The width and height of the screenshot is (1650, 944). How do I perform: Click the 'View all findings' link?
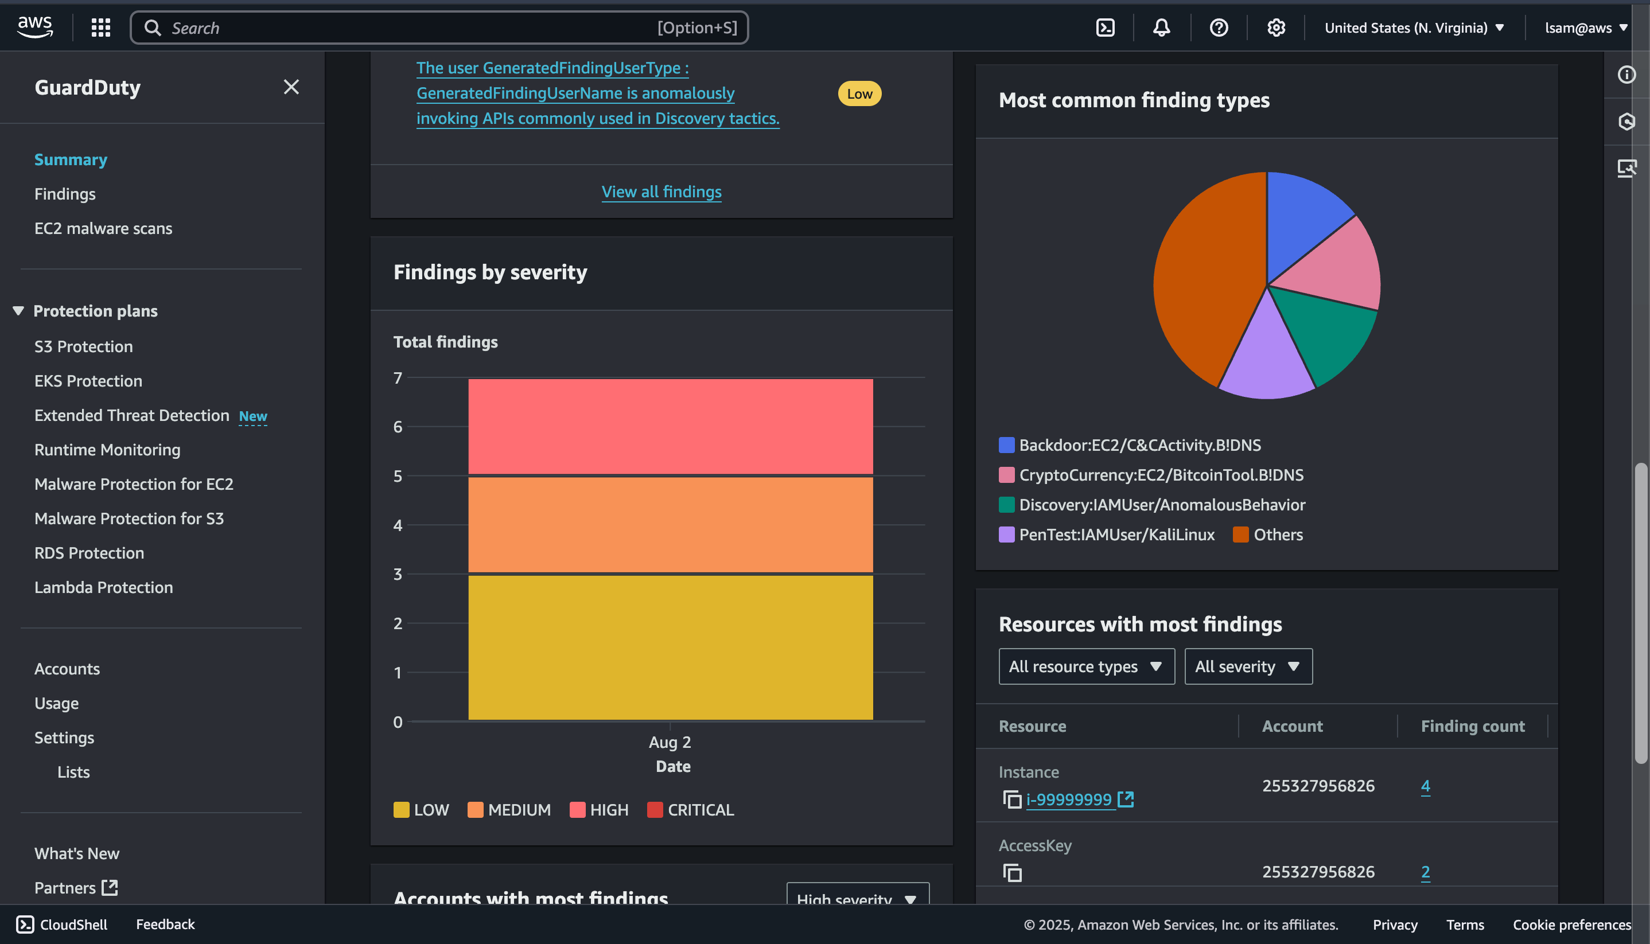click(x=661, y=192)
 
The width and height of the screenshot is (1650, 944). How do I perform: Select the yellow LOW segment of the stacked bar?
click(x=670, y=647)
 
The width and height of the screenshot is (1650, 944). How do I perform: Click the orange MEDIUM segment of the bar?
click(x=670, y=525)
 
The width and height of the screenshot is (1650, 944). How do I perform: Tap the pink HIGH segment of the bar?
click(x=670, y=427)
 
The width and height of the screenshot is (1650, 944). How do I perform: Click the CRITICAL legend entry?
click(x=691, y=810)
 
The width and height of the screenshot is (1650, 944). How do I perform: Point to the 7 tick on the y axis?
click(x=398, y=378)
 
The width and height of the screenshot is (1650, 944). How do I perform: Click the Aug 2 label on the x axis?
click(x=670, y=742)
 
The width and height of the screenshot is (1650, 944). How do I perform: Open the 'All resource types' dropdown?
click(x=1085, y=666)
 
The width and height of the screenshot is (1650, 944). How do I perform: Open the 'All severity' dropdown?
click(x=1248, y=666)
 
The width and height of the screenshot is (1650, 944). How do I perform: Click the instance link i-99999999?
click(x=1068, y=799)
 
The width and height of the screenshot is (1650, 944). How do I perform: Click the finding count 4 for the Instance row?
click(x=1425, y=786)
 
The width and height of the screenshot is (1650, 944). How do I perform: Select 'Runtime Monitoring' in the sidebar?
click(x=107, y=450)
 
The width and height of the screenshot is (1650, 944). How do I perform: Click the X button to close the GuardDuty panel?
click(x=291, y=87)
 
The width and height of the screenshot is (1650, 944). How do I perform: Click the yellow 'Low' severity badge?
click(x=859, y=94)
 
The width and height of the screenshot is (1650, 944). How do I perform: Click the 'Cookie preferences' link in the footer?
click(x=1571, y=925)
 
